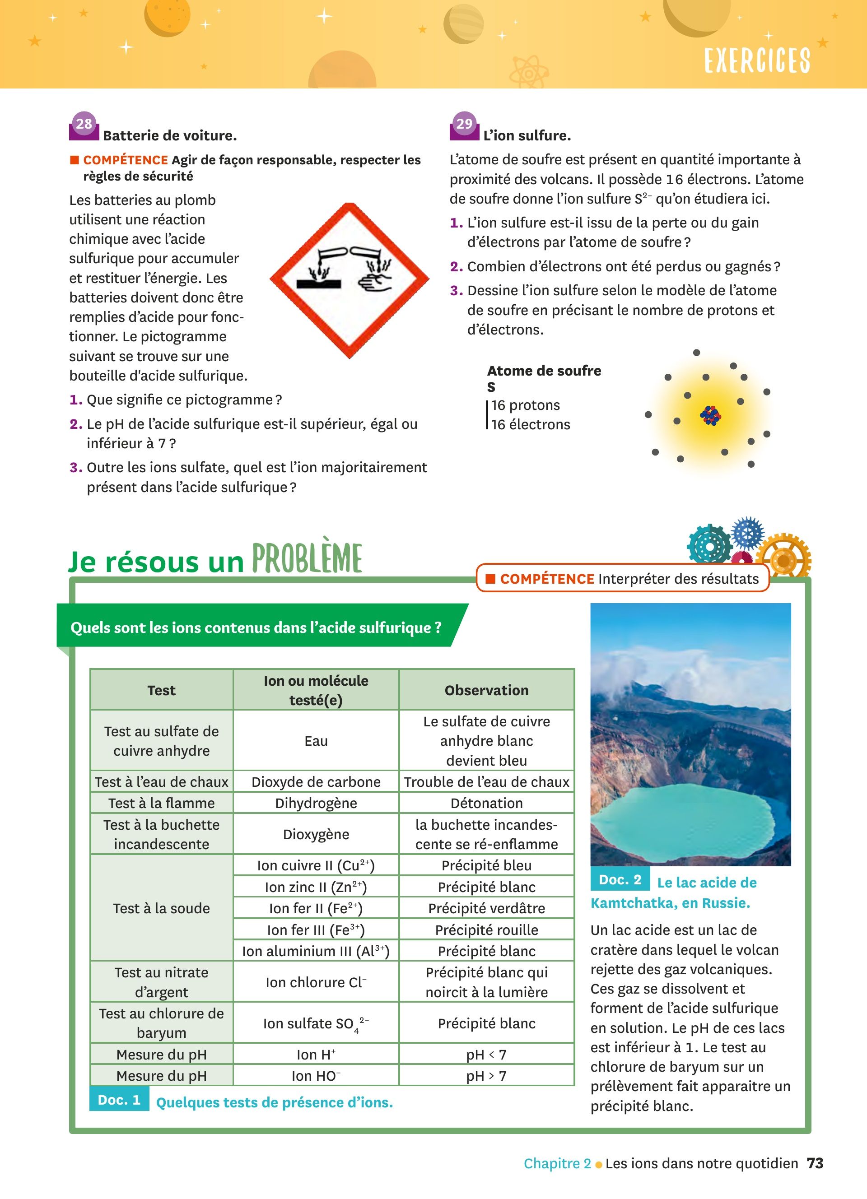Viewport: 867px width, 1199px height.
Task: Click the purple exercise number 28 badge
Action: [84, 125]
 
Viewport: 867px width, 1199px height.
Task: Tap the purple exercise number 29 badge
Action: [464, 125]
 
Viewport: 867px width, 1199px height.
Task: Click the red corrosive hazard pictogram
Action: [350, 280]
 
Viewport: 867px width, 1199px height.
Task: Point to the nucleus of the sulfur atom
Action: [710, 415]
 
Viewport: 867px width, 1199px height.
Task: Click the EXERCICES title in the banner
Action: [756, 60]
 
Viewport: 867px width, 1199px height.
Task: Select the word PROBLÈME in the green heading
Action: [307, 558]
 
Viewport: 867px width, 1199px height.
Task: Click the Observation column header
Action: [486, 690]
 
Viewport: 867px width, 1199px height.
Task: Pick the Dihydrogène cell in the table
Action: [316, 803]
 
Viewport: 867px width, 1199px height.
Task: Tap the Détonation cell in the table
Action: [486, 803]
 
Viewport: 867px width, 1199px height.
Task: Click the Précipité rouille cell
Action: [486, 930]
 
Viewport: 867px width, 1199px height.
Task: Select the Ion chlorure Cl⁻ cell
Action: [316, 982]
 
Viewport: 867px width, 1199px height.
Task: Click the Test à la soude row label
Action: [161, 908]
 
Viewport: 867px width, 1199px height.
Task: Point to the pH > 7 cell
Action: [486, 1076]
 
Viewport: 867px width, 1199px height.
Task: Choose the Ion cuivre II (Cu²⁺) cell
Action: [316, 865]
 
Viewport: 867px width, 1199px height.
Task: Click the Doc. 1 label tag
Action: [119, 1100]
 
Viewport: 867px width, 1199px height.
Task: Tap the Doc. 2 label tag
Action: [620, 880]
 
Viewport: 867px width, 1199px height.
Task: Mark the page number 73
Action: [815, 1164]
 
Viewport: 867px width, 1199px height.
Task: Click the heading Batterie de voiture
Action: [170, 136]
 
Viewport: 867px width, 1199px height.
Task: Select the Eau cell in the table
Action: [316, 741]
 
